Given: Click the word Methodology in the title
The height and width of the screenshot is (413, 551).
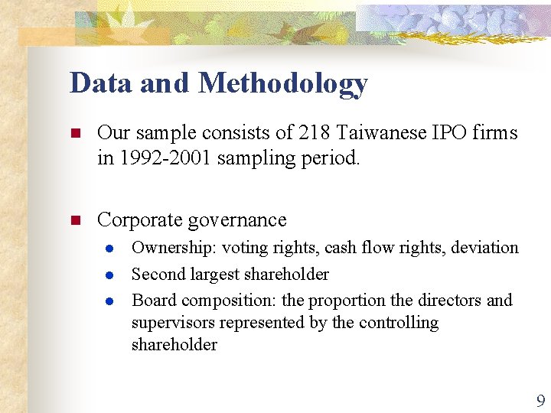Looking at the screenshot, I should (x=282, y=84).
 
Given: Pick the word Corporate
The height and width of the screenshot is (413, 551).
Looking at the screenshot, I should (x=139, y=220).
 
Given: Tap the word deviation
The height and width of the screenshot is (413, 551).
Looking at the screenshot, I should (x=485, y=248).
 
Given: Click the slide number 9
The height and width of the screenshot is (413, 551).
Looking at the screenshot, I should (x=541, y=400).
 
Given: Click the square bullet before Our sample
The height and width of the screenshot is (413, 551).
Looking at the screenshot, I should (x=75, y=134).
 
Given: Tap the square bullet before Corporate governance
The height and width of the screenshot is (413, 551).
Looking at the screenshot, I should (x=75, y=221).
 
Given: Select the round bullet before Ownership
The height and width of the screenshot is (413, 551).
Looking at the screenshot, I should (x=110, y=249).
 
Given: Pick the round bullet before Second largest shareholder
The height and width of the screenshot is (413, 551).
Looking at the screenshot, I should (x=110, y=275).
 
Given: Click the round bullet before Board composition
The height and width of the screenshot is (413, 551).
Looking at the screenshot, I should (x=110, y=301).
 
